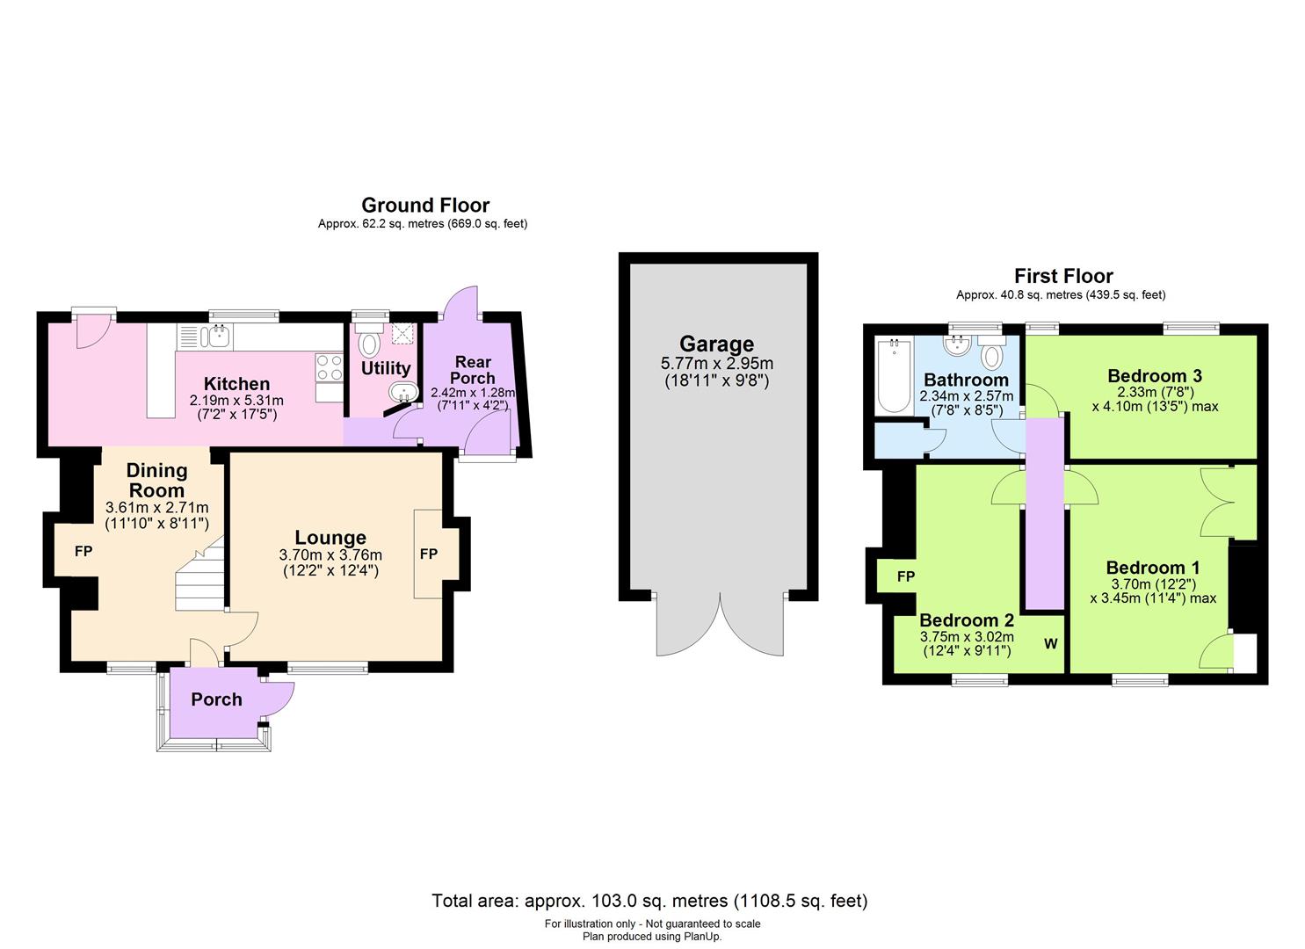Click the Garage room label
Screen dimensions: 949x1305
tap(716, 344)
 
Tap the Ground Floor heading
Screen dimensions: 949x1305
tap(425, 206)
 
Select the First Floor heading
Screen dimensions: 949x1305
tap(1063, 277)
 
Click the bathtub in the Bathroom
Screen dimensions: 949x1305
tap(894, 376)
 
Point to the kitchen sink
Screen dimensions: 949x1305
tap(218, 335)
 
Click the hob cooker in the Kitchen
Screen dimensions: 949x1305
tap(329, 367)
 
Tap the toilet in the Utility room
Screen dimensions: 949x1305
tap(368, 344)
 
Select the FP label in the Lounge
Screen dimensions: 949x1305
tap(429, 554)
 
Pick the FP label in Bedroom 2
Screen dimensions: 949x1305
tap(906, 576)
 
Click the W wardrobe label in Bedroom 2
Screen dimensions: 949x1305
tap(1050, 644)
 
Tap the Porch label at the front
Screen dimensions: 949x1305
tap(216, 699)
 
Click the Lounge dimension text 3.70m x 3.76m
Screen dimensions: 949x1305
tap(330, 555)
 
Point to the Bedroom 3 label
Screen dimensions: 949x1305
tap(1155, 376)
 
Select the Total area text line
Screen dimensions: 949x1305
tap(649, 901)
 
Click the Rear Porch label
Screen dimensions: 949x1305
tap(472, 370)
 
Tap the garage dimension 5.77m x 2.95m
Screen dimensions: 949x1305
tap(716, 364)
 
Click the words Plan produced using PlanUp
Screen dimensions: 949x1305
tap(652, 937)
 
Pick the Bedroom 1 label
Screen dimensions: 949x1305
tap(1153, 568)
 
